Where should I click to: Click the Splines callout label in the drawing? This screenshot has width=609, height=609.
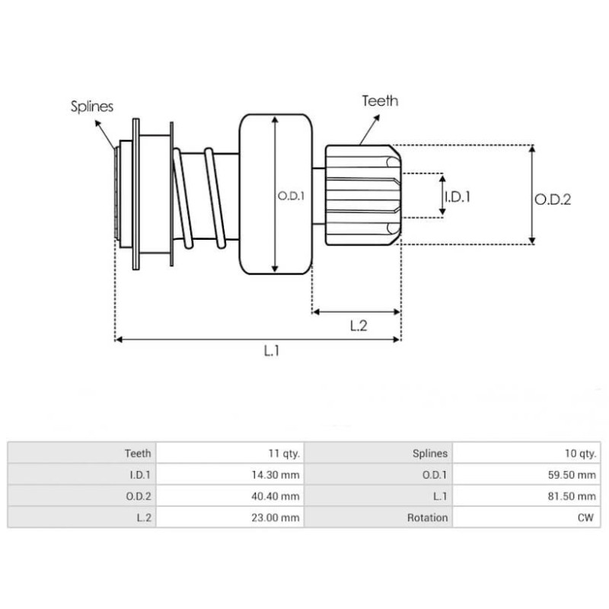[x=93, y=107]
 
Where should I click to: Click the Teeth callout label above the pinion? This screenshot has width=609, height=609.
[x=380, y=100]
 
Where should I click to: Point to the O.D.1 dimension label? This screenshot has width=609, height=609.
[x=291, y=196]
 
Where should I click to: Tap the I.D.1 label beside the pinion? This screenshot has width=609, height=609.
[x=457, y=196]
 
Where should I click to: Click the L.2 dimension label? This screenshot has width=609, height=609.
[x=359, y=326]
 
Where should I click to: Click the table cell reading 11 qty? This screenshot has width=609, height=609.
[x=283, y=453]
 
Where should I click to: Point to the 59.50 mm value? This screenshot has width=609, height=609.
[x=575, y=475]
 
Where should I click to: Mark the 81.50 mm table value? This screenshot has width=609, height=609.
[x=575, y=496]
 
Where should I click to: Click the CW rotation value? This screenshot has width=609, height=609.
[x=587, y=518]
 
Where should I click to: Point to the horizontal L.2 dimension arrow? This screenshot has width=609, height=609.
[x=356, y=311]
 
